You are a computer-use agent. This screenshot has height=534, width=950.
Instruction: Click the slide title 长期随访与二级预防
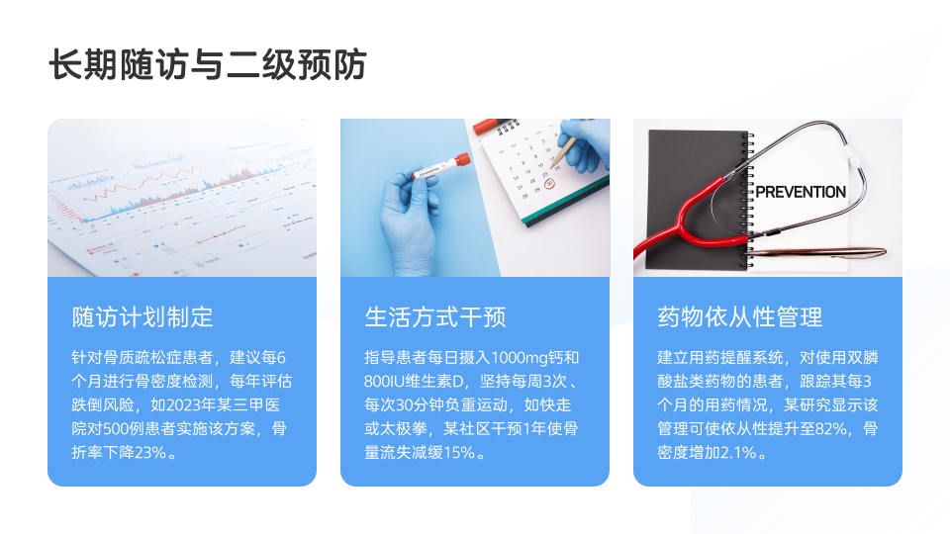(207, 64)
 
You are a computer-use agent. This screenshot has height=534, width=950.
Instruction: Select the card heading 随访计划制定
(142, 317)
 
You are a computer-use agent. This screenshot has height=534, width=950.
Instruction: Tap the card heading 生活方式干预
(435, 317)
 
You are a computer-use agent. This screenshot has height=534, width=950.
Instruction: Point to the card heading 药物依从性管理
(740, 317)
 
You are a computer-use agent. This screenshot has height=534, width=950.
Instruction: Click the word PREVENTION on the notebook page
(801, 192)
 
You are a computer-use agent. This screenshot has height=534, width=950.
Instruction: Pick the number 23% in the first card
(150, 452)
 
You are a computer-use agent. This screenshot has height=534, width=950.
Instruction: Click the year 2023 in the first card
(182, 405)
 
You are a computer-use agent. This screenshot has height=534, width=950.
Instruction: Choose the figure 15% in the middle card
(458, 452)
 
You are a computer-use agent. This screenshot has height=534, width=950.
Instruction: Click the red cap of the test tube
(462, 161)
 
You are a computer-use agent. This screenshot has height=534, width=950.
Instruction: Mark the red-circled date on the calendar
(549, 184)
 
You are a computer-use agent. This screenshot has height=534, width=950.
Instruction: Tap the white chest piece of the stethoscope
(854, 159)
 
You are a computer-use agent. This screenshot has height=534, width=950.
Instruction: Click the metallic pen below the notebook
(819, 252)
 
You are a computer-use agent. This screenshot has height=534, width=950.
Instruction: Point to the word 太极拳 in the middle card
(404, 428)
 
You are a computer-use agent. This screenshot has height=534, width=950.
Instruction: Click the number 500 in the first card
(116, 428)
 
